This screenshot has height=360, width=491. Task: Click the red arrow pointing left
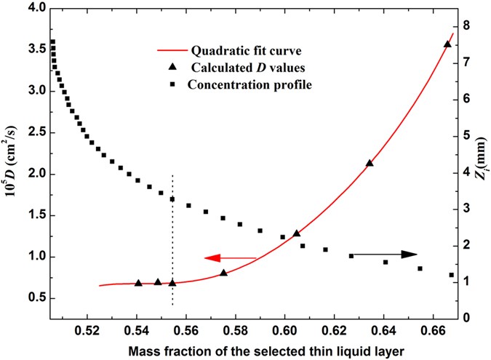(x=230, y=257)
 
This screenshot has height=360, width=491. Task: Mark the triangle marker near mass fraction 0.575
(x=224, y=273)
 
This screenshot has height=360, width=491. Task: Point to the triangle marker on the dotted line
(x=172, y=282)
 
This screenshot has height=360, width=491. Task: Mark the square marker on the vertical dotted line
(x=172, y=199)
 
